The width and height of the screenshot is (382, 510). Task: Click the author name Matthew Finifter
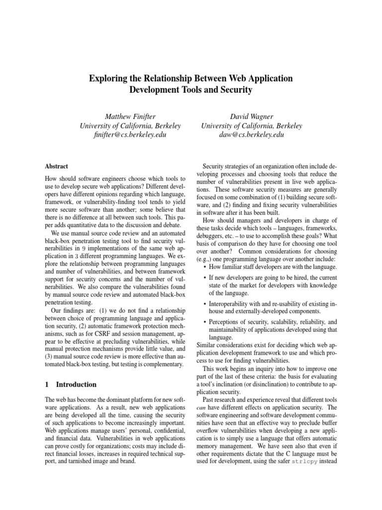click(x=130, y=116)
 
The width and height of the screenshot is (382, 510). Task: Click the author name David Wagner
click(x=251, y=116)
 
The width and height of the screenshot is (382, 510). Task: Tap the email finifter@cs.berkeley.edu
click(x=130, y=134)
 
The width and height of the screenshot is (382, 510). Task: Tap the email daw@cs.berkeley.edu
click(x=251, y=134)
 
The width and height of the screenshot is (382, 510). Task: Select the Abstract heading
click(x=56, y=166)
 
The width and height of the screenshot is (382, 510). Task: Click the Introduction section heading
click(x=76, y=384)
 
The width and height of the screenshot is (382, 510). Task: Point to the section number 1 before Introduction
click(x=47, y=384)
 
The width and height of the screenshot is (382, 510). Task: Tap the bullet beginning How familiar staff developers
click(x=269, y=266)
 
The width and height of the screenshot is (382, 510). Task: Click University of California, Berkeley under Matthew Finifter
click(x=130, y=126)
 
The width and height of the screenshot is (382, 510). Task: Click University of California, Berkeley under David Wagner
click(x=251, y=126)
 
